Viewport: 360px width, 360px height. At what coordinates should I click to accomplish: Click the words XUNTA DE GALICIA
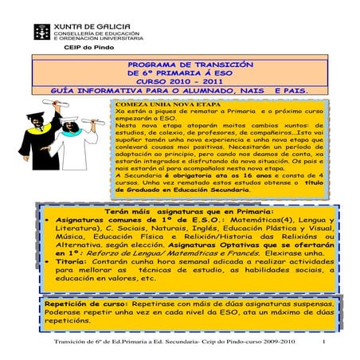tap(88, 26)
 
